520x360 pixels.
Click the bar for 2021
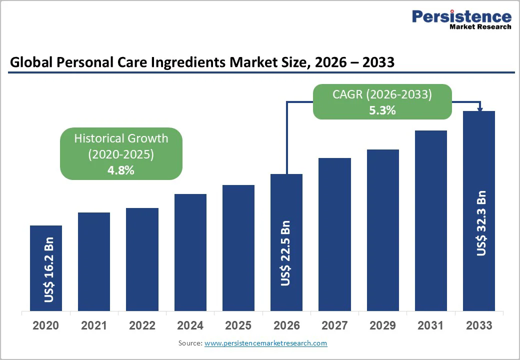point(94,261)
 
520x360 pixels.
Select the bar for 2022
point(142,259)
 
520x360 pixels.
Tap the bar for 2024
point(190,252)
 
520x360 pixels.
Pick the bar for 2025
point(238,247)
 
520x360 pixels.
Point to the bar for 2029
point(382,230)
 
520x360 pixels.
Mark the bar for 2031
point(430,220)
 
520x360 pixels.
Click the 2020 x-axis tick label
point(45,325)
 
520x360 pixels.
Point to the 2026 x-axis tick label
point(286,325)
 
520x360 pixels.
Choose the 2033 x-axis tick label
point(479,325)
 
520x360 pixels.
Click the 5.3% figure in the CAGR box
point(382,110)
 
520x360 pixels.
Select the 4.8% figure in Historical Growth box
point(121,170)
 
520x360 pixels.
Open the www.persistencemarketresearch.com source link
point(265,343)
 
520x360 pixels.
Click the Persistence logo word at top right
point(461,16)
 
